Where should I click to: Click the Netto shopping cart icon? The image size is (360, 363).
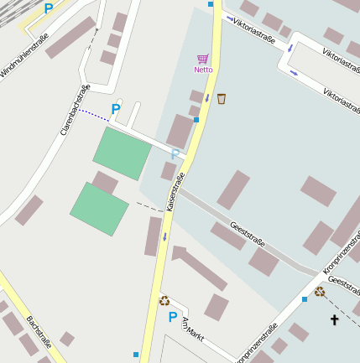point(202,59)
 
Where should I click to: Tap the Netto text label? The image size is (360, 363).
point(203,70)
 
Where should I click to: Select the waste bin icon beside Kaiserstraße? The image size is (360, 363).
point(222,99)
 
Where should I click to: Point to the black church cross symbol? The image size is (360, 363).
point(334,320)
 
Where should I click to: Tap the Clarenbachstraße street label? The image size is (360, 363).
point(75,109)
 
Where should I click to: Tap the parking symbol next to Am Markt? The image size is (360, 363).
point(172,317)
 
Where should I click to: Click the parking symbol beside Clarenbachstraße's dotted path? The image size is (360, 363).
point(116,109)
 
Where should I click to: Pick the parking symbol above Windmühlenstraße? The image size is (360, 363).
point(48,8)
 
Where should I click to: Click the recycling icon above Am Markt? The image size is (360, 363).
point(164,299)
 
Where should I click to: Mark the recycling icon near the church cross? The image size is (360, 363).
point(320,292)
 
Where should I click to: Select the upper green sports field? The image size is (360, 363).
point(122,153)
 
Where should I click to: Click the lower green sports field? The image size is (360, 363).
point(99,209)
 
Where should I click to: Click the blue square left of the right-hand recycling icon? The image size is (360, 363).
point(304,299)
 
